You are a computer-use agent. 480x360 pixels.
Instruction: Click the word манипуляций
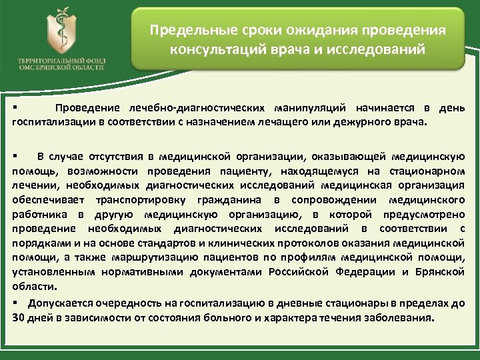309,109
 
